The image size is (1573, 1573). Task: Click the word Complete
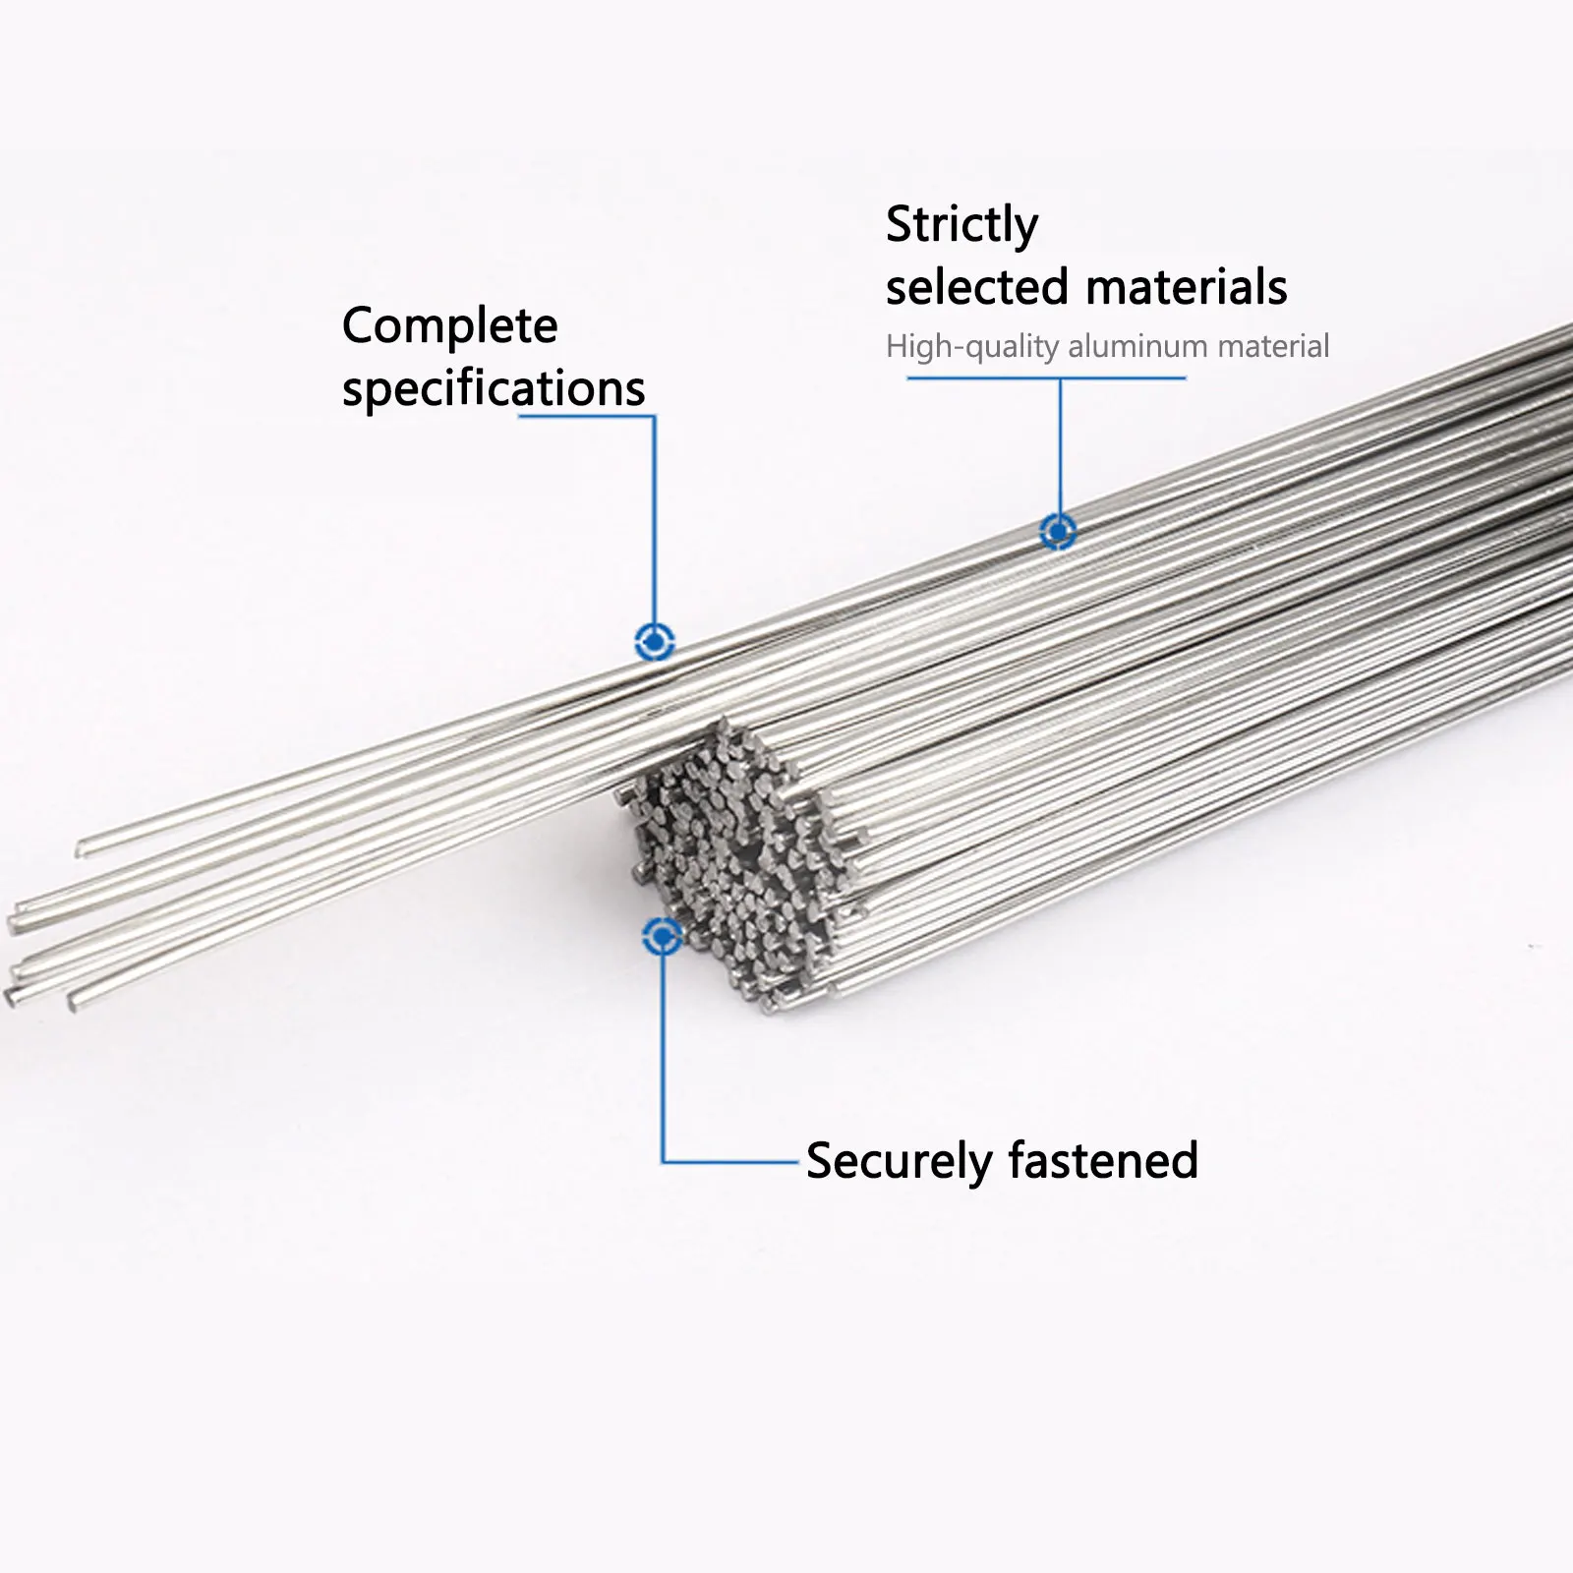[x=449, y=326]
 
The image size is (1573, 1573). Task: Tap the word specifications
[x=494, y=389]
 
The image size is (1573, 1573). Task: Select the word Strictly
[x=961, y=226]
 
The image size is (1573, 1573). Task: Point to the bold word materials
[x=1187, y=287]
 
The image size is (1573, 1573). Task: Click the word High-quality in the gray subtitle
[x=972, y=347]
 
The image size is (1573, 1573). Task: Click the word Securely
[x=899, y=1161]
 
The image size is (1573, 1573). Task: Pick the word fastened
[x=1103, y=1160]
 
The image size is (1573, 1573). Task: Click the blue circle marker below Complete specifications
[x=655, y=642]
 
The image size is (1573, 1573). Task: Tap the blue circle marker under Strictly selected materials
[x=1059, y=532]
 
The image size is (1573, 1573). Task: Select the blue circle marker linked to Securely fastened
[x=663, y=936]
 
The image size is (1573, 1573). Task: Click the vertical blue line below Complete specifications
[x=654, y=521]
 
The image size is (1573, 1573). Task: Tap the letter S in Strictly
[x=899, y=226]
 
